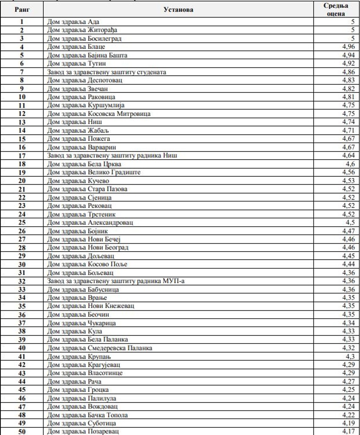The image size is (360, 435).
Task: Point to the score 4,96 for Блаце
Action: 348,47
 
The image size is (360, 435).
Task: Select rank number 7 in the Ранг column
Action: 22,72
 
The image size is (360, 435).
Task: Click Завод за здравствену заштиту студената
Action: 106,72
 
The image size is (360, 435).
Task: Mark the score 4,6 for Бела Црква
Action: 349,163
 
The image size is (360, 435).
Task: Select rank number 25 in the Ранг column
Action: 22,222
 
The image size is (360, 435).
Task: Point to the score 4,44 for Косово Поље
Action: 348,264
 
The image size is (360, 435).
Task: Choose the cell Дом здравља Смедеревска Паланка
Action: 100,348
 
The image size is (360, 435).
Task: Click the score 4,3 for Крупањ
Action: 349,356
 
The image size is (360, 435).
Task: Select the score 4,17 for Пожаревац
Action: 348,432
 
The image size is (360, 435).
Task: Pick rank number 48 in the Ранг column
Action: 22,415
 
